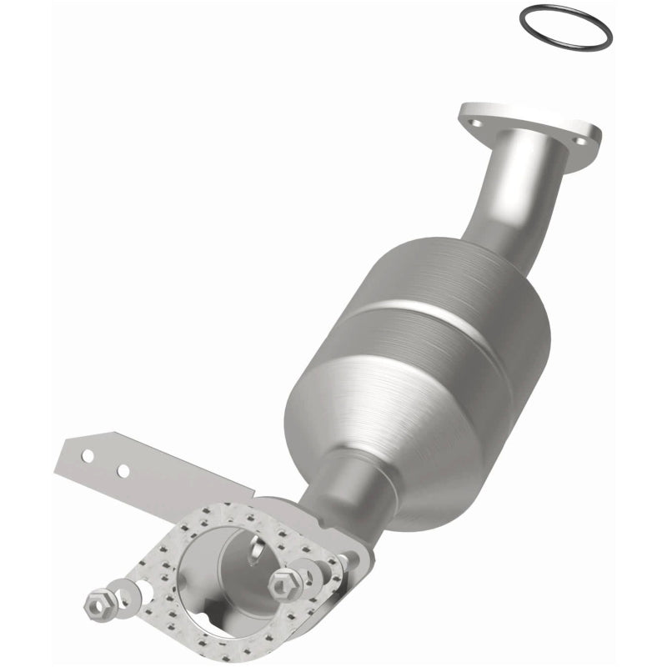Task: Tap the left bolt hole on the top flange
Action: pyautogui.click(x=476, y=123)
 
